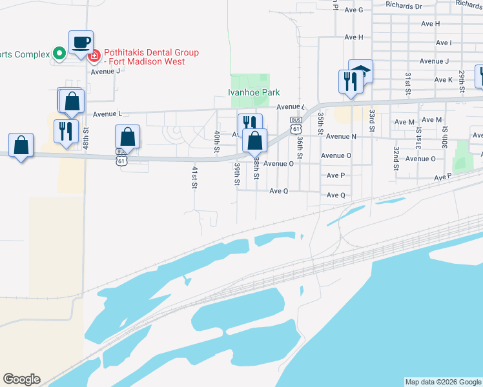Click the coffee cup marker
tap(81, 43)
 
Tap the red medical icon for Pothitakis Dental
tap(94, 57)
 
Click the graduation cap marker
tap(361, 72)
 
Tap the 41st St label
tap(194, 177)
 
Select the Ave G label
tap(354, 10)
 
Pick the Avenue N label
tap(341, 137)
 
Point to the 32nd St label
tap(395, 158)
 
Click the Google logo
tap(21, 379)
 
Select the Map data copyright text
tap(443, 382)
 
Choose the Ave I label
tap(444, 43)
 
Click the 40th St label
tap(217, 142)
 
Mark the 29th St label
tap(461, 81)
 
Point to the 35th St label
tap(320, 123)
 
